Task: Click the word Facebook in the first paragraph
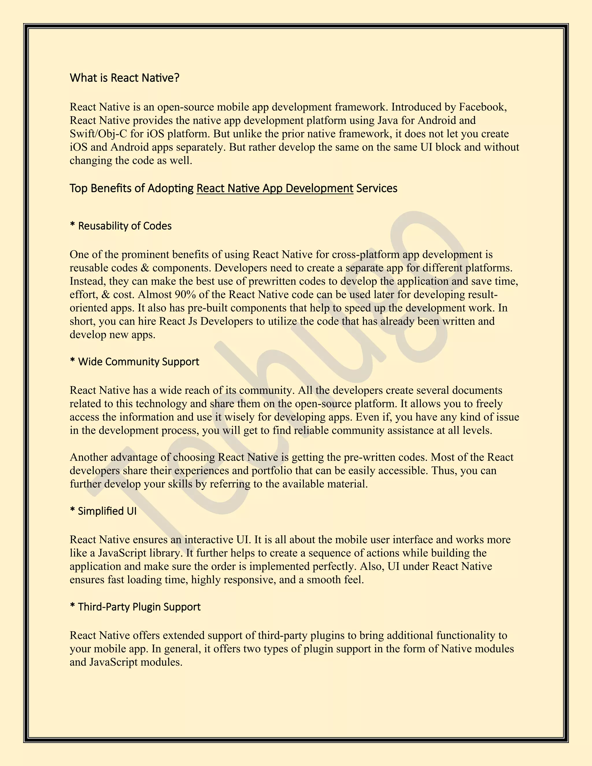coord(482,107)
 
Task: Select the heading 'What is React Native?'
coord(125,78)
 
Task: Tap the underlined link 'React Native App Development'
coord(275,188)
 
